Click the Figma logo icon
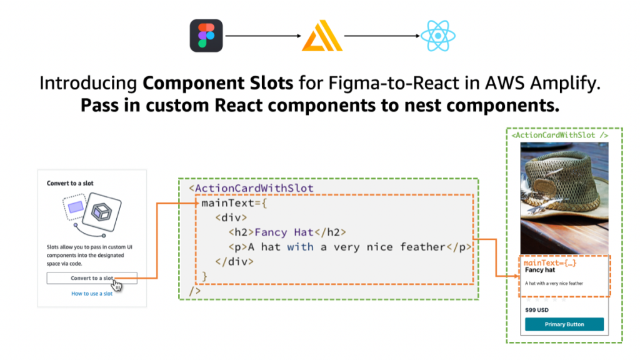point(206,36)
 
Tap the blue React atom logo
point(437,36)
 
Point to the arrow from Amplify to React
point(380,36)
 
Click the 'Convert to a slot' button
point(91,278)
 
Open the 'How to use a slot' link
point(92,293)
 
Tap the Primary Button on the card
point(564,324)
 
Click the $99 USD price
point(537,310)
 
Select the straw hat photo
point(564,196)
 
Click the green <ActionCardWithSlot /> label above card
point(559,134)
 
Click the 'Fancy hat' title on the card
point(539,271)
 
